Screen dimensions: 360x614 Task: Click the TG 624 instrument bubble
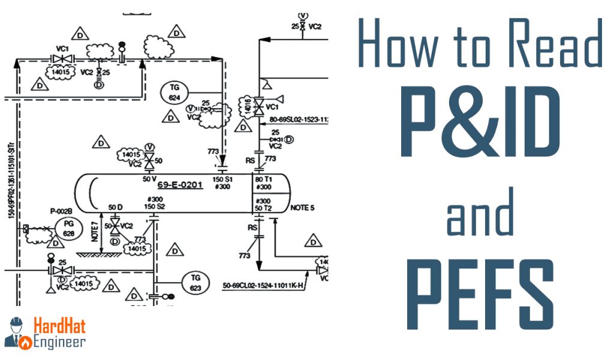coord(174,92)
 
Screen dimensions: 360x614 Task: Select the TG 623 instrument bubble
coord(195,282)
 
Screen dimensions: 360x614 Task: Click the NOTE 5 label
coord(302,208)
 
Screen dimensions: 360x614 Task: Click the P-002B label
coord(61,211)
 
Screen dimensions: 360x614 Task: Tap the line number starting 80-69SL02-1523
coord(300,119)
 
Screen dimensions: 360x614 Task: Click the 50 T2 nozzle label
coord(264,208)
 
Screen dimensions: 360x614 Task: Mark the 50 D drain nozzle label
coord(115,207)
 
